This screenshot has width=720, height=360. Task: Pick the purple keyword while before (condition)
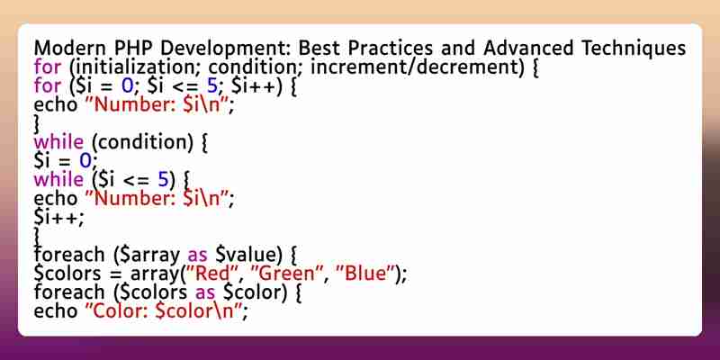tap(58, 142)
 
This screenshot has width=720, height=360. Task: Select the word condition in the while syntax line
tap(143, 142)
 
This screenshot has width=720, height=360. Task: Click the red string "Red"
tap(211, 274)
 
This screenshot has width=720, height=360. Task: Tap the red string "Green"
tap(285, 274)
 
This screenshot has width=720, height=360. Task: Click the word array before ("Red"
tap(154, 275)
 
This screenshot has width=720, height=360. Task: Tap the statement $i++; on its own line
tap(58, 218)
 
